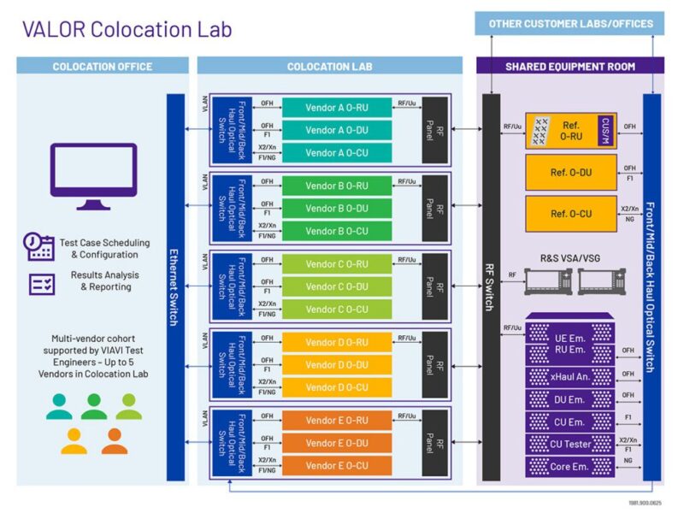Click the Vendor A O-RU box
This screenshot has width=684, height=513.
tap(337, 107)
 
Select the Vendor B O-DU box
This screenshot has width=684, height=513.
tap(337, 209)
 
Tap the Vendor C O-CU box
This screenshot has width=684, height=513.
tap(337, 309)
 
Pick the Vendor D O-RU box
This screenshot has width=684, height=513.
tap(337, 342)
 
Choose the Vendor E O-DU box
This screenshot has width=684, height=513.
tap(337, 443)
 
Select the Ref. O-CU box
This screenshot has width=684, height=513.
tap(569, 213)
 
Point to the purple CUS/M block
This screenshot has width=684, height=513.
tap(605, 131)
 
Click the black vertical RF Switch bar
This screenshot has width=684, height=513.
tap(491, 287)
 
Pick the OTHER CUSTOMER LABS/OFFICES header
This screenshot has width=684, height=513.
tap(569, 24)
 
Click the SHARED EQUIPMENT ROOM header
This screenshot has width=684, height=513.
tap(569, 66)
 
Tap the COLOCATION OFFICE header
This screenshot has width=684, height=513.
tap(103, 66)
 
